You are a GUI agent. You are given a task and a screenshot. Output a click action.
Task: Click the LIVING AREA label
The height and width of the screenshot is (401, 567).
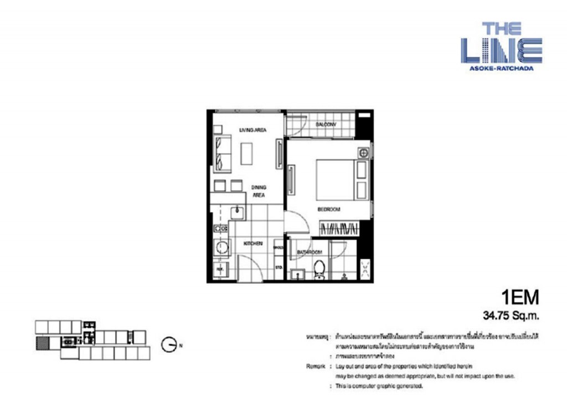click(x=253, y=130)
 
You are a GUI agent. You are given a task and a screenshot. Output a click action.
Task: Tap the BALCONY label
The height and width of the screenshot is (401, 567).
click(x=326, y=125)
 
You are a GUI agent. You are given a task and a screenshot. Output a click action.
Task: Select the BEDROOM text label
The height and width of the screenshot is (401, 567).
click(x=328, y=210)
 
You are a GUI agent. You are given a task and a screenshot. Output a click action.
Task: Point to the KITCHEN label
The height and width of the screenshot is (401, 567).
click(x=253, y=243)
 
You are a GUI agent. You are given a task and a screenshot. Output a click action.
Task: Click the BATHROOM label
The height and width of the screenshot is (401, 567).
click(x=309, y=252)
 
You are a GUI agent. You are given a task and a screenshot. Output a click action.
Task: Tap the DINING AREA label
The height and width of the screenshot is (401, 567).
click(x=259, y=191)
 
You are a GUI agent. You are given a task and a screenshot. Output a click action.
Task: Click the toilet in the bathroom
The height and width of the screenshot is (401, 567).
click(x=319, y=270)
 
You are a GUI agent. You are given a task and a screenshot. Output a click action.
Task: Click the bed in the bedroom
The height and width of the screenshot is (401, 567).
click(x=335, y=180)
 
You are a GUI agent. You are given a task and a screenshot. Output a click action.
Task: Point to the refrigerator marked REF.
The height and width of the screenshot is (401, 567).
click(x=220, y=269)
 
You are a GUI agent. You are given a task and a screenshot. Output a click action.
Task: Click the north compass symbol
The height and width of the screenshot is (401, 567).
click(x=169, y=344)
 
